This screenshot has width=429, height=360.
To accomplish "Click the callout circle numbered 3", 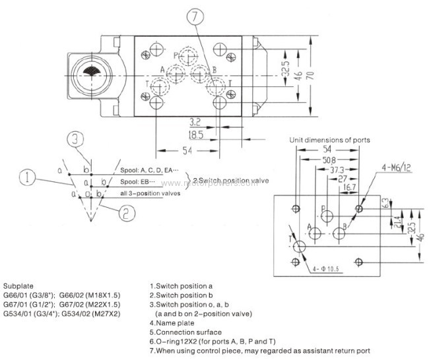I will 77,138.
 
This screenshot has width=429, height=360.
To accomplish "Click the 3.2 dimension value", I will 193,122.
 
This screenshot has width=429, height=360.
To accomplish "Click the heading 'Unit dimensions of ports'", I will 329,140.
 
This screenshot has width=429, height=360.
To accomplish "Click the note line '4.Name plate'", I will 172,323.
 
